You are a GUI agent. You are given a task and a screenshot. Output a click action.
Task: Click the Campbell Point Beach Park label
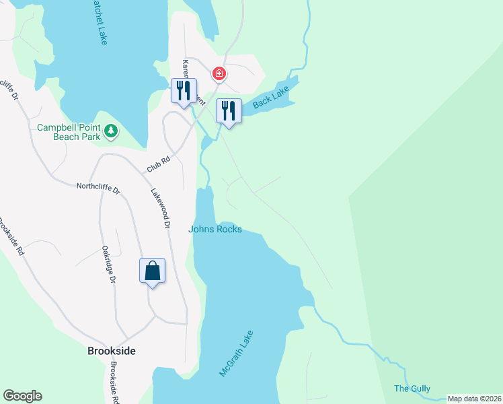click(68, 132)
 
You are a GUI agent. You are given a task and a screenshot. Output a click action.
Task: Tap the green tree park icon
click(111, 131)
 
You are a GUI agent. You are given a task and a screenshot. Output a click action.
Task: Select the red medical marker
click(219, 73)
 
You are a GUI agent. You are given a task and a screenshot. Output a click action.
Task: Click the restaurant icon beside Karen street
click(183, 91)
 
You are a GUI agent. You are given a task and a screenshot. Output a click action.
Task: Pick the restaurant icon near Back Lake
click(229, 110)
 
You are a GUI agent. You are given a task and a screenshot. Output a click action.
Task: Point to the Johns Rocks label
click(215, 229)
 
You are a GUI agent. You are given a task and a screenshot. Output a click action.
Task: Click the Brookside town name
click(112, 351)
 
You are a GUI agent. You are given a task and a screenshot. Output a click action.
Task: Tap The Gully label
click(412, 389)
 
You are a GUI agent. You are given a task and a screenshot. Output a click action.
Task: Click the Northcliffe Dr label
click(98, 189)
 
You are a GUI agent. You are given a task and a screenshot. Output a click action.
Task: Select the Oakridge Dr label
click(108, 264)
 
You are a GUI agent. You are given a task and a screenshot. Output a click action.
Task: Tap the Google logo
click(22, 396)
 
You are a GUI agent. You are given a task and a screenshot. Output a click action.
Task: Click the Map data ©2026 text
click(474, 399)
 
